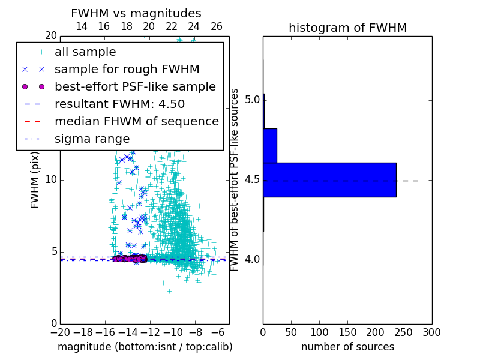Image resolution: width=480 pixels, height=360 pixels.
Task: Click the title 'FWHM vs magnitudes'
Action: [x=136, y=14]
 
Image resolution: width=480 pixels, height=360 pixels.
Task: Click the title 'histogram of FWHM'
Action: [x=347, y=28]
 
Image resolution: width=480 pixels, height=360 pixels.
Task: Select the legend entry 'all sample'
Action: [x=85, y=52]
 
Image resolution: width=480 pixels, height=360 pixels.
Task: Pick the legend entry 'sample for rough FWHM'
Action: [x=119, y=69]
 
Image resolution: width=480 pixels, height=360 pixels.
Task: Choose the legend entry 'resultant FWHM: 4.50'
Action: [x=119, y=104]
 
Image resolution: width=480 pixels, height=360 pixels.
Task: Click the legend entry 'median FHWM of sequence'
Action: [x=136, y=121]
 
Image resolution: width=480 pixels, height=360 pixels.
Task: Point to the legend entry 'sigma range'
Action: [x=92, y=139]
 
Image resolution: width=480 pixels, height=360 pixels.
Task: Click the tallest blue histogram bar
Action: [x=329, y=179]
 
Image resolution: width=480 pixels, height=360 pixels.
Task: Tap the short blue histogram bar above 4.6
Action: [x=270, y=145]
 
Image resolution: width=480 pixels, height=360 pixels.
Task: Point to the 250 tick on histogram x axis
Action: [x=404, y=332]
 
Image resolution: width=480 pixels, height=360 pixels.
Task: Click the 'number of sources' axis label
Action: [x=347, y=347]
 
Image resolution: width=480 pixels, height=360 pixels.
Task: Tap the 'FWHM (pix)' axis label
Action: [x=35, y=180]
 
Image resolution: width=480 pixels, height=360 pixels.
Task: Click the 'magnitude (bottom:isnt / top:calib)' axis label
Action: [x=145, y=347]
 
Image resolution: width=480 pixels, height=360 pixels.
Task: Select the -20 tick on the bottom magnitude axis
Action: [x=60, y=332]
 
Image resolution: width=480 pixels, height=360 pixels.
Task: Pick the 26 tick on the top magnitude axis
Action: [x=217, y=26]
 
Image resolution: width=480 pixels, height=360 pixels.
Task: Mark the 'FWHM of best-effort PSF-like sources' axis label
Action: [x=235, y=180]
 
